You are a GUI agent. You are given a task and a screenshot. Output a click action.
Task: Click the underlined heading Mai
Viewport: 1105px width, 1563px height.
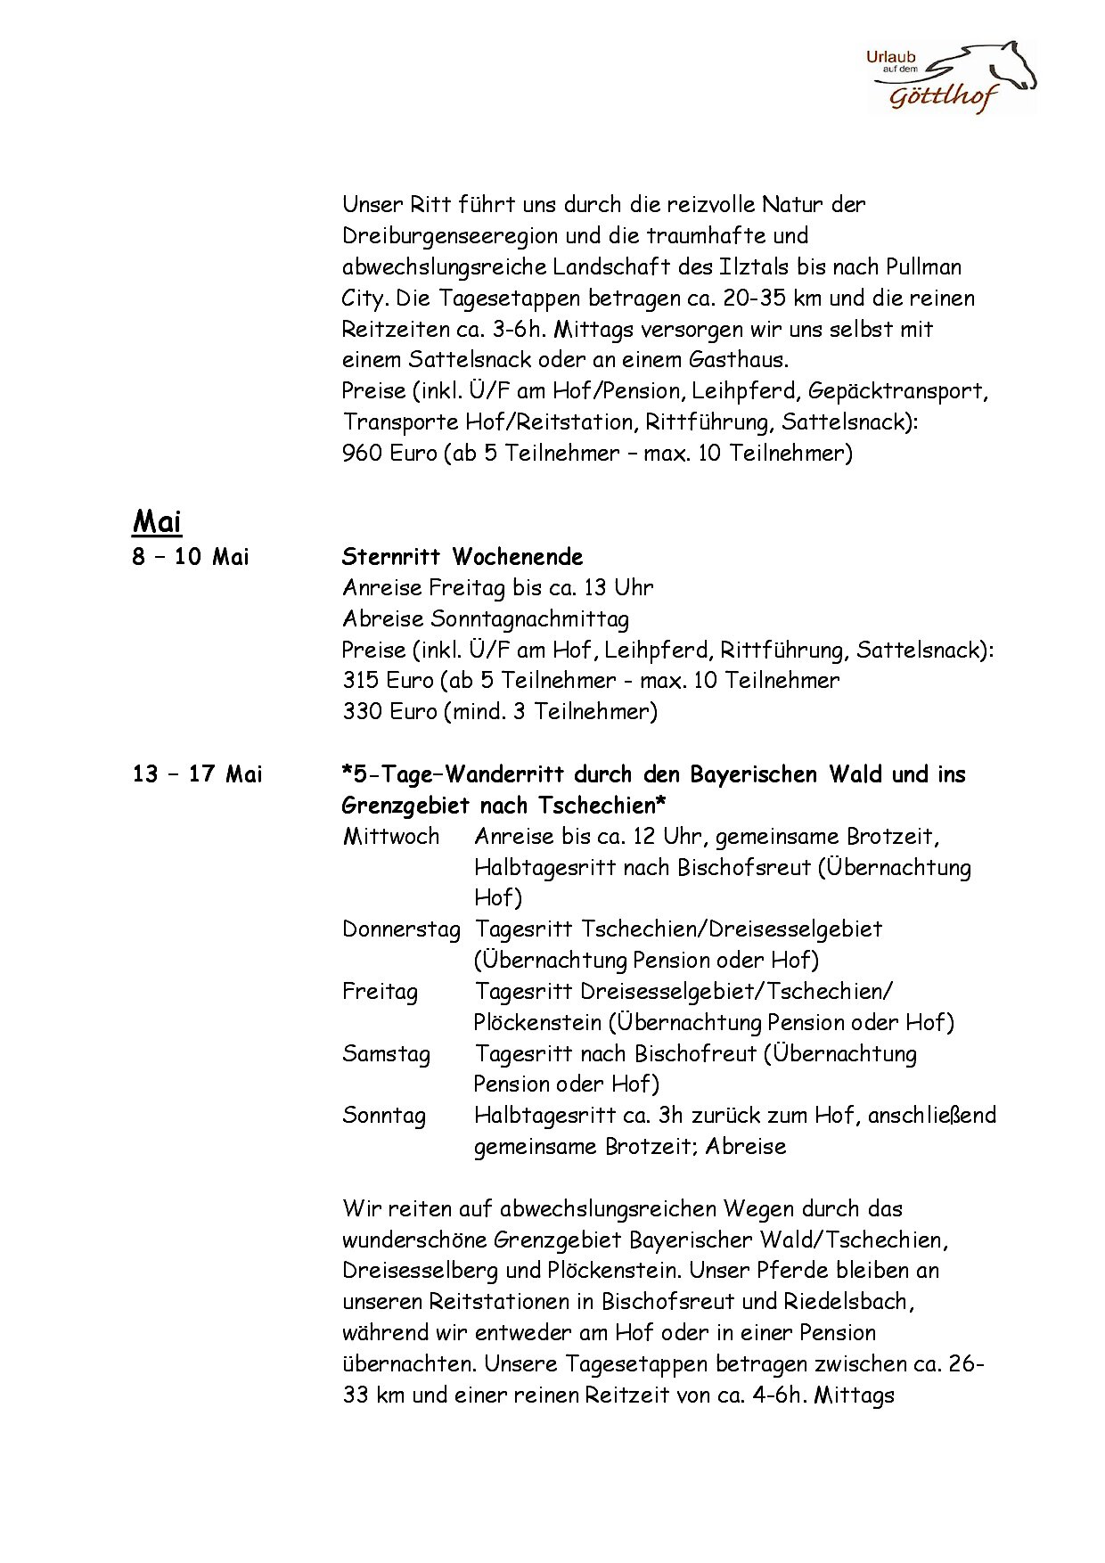157,520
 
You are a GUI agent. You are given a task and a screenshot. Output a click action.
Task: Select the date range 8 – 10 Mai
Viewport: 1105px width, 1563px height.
191,557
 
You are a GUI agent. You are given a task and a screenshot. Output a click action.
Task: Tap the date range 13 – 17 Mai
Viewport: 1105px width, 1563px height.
197,773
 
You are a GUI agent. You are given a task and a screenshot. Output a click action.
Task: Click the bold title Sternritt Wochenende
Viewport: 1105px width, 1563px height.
462,557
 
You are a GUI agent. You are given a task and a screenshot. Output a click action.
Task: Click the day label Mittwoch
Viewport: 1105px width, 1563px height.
390,836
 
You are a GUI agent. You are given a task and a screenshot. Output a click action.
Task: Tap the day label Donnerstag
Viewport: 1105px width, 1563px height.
401,929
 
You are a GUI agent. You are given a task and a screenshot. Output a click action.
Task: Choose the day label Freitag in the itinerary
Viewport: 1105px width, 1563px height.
380,991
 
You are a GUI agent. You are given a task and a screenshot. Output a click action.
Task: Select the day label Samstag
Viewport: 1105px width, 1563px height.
386,1053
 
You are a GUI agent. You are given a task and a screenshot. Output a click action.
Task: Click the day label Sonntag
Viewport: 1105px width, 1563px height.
384,1116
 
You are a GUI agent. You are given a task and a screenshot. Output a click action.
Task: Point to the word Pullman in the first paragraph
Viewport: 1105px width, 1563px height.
923,266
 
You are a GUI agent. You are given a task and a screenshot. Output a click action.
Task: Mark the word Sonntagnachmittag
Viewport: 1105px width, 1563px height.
529,618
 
